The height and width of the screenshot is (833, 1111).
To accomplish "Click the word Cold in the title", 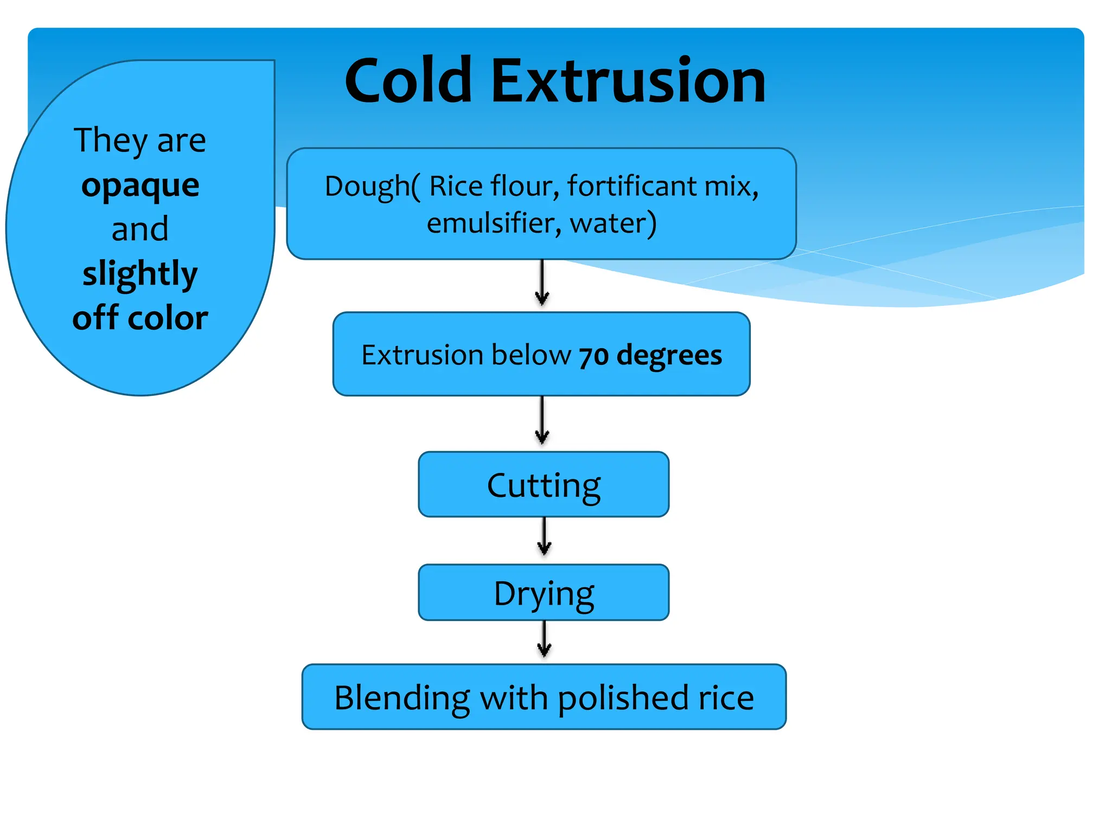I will pyautogui.click(x=408, y=81).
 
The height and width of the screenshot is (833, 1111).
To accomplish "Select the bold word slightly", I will pyautogui.click(x=141, y=274).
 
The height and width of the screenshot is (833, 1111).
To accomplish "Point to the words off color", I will pyautogui.click(x=141, y=318).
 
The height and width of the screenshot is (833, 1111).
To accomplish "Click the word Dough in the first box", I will pyautogui.click(x=367, y=187).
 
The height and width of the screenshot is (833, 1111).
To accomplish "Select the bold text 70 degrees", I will pyautogui.click(x=650, y=356).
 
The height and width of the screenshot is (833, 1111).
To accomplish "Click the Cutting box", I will pyautogui.click(x=544, y=484).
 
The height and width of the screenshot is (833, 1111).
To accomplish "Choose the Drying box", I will pyautogui.click(x=544, y=593).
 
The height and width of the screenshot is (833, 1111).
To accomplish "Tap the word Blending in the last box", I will pyautogui.click(x=402, y=698).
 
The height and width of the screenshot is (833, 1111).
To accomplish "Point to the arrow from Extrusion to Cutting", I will pyautogui.click(x=542, y=421).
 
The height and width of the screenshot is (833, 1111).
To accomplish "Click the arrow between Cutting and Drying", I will pyautogui.click(x=544, y=536).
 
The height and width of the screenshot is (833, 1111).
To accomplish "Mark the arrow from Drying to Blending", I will pyautogui.click(x=544, y=639).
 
